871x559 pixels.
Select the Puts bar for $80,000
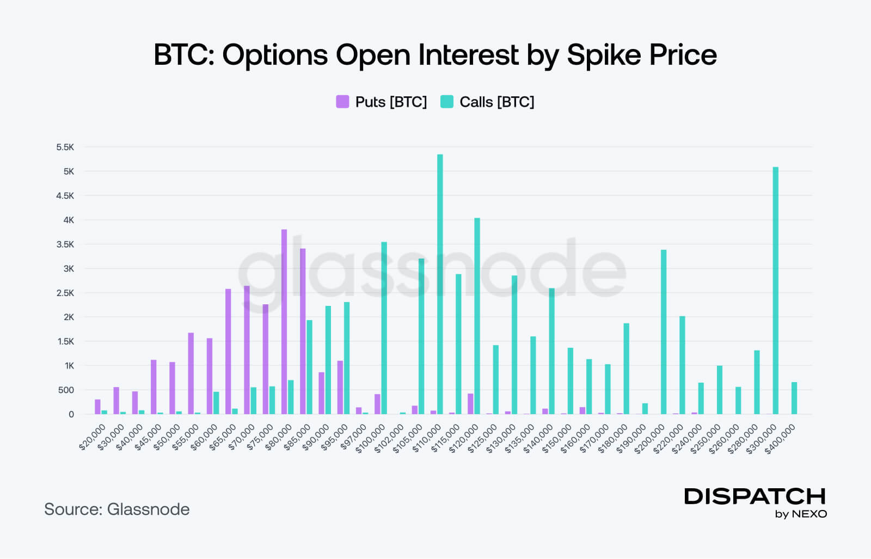(284, 322)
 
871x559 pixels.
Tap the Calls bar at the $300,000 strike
(776, 291)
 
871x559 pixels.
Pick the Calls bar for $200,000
(664, 332)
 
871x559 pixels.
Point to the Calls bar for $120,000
(477, 316)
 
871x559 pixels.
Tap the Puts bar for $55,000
(191, 373)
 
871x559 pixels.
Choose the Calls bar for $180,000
(627, 368)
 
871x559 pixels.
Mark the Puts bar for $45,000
(154, 387)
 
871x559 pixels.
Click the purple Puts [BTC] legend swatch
(342, 102)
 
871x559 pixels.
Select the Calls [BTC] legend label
(496, 102)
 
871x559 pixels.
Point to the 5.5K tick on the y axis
(65, 147)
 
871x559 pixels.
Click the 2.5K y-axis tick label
(65, 293)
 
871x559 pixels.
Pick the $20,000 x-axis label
(93, 438)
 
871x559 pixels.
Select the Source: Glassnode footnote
(117, 509)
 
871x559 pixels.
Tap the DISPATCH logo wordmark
(755, 496)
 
